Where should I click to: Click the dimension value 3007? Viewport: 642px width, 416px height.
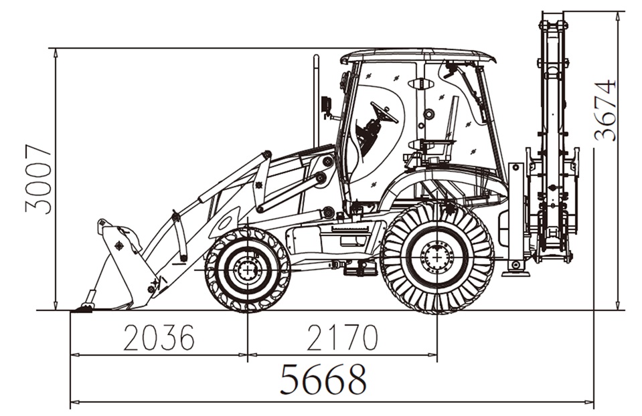pos(38,179)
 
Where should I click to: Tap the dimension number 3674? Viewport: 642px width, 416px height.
pos(605,110)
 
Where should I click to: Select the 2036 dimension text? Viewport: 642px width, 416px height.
pos(159,338)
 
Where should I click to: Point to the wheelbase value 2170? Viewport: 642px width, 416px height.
pos(342,338)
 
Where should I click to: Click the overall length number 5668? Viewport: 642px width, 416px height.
pos(323,379)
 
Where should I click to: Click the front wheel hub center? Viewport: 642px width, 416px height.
pos(247,270)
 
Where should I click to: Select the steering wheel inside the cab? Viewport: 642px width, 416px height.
pos(384,112)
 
